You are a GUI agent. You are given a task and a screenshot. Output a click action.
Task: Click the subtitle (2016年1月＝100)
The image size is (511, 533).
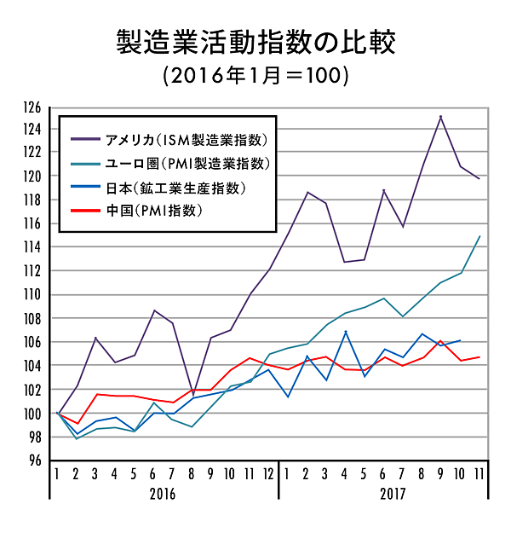[255, 75]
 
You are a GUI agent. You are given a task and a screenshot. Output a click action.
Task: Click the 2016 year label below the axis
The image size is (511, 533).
[166, 494]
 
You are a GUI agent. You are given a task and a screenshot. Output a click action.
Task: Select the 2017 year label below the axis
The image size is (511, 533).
[392, 494]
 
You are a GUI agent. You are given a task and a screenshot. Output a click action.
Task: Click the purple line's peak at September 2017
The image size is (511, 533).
[440, 116]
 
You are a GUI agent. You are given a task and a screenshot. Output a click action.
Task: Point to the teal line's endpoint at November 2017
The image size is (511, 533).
[479, 236]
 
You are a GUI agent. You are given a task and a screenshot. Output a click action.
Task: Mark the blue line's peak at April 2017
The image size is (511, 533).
[346, 332]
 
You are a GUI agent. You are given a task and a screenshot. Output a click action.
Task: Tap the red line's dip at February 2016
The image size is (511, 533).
[78, 423]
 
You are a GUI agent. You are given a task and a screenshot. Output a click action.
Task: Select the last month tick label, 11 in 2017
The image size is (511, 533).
[479, 473]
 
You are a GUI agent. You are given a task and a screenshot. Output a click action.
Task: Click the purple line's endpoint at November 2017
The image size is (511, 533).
[479, 178]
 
